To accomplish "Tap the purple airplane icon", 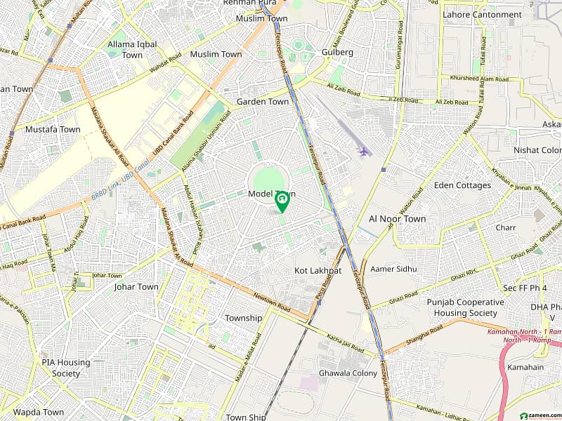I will coord(363,151).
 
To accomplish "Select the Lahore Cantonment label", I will coord(482,14).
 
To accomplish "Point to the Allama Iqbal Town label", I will coord(132,50).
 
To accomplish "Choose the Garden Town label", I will coord(262,102).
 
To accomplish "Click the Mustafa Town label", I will coord(53,130).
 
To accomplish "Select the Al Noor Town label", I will coord(397,219).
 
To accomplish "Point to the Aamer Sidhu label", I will coord(393,269).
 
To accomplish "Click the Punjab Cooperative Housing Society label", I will coord(465,307).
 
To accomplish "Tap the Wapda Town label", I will coord(38,412).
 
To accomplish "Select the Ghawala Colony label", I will coord(348,373).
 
